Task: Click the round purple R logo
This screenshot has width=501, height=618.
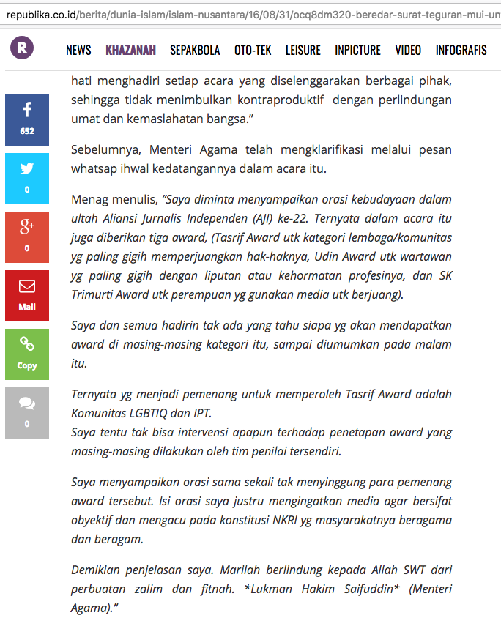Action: tap(22, 48)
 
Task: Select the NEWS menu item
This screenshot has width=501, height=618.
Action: tap(78, 51)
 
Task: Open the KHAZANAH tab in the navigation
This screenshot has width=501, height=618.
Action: tap(130, 51)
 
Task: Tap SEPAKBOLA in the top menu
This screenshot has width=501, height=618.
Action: tap(195, 51)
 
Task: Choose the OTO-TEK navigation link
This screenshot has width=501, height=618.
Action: tap(253, 51)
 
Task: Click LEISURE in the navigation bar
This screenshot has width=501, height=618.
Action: tap(303, 51)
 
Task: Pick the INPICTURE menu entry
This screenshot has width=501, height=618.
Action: tap(357, 51)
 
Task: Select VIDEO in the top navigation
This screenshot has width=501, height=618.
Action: tap(408, 51)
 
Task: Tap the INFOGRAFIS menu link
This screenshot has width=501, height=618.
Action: tap(461, 51)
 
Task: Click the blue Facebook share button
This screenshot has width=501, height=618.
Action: tap(27, 119)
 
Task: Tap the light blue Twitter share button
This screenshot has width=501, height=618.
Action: tap(27, 178)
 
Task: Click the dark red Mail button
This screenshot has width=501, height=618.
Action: tap(27, 295)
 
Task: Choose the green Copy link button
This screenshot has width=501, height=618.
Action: tap(27, 354)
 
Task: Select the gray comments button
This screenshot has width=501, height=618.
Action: tap(27, 412)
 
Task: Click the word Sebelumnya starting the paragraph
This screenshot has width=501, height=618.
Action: tap(106, 150)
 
